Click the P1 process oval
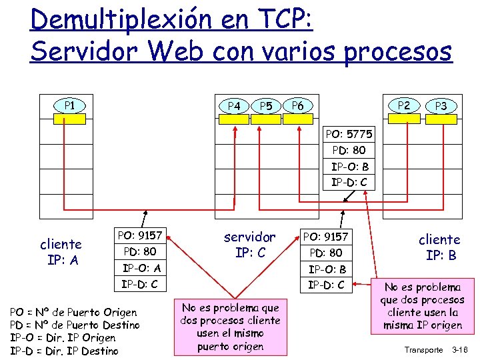click(69, 105)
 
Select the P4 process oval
click(234, 105)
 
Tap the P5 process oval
click(266, 105)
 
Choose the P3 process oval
click(441, 105)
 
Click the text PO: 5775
click(349, 134)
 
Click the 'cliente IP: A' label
click(61, 251)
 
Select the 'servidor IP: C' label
click(249, 245)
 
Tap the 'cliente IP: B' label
click(439, 247)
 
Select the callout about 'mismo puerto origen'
click(230, 327)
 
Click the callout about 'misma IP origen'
click(423, 306)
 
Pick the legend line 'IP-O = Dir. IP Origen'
click(63, 338)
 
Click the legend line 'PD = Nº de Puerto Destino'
click(75, 325)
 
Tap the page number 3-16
click(461, 349)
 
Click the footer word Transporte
click(423, 349)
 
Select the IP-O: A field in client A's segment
click(140, 268)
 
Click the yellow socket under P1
click(69, 119)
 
